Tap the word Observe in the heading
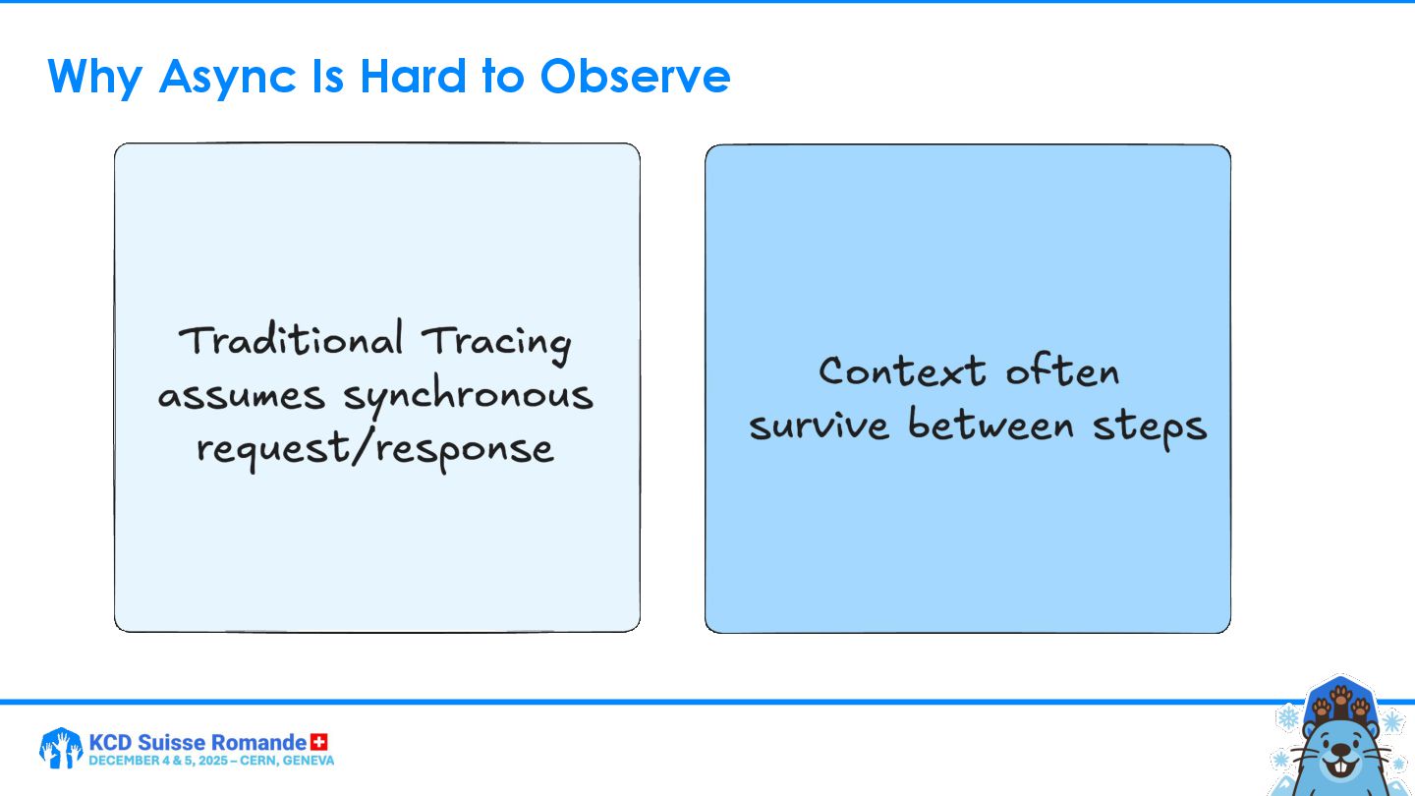click(635, 77)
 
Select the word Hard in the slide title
click(414, 77)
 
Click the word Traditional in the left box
click(291, 339)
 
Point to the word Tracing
click(496, 343)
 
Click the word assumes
click(242, 397)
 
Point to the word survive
click(819, 425)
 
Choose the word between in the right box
click(990, 424)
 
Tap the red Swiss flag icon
click(319, 742)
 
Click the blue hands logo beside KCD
click(61, 748)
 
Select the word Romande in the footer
click(258, 742)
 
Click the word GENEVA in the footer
click(309, 761)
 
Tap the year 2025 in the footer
click(213, 761)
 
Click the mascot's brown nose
click(1340, 752)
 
